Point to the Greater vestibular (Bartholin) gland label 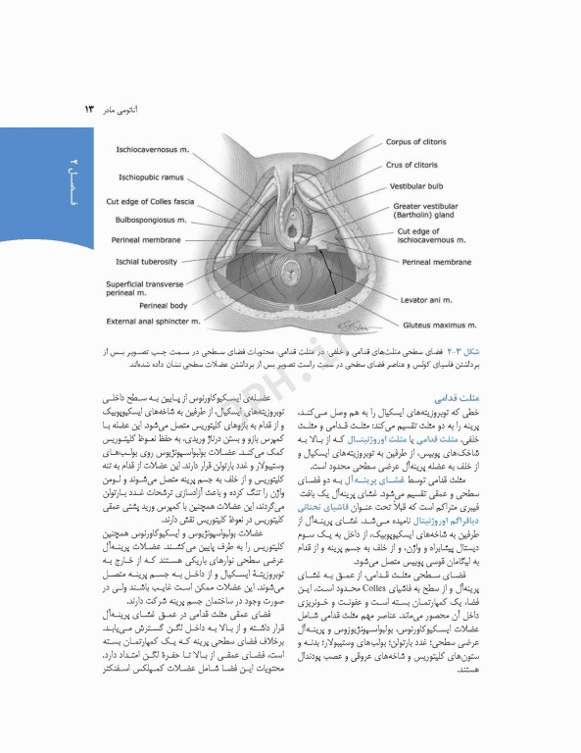click(431, 212)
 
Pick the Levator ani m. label click(428, 297)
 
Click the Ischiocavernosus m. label click(153, 151)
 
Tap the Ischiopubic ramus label click(151, 177)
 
